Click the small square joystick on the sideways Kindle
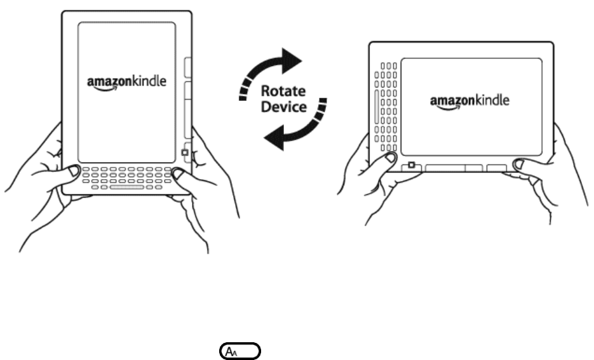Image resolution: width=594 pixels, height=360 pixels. pos(412,166)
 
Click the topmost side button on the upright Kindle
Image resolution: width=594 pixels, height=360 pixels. pos(189,67)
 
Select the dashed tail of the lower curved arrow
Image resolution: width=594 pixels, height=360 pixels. pos(323,108)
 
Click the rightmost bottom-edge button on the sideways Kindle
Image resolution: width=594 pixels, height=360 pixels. pos(497,168)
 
